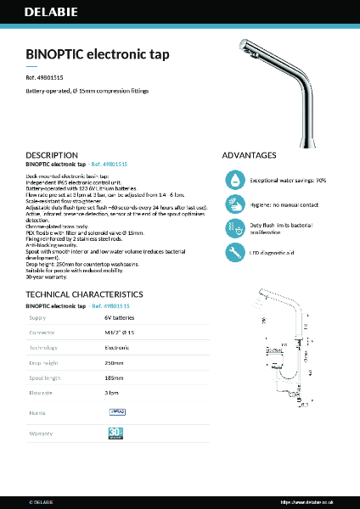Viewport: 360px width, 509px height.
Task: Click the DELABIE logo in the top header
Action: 52,15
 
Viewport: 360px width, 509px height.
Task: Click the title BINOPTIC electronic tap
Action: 98,54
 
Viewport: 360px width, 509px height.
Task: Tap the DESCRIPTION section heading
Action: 52,155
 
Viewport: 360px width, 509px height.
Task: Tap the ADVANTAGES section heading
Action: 249,155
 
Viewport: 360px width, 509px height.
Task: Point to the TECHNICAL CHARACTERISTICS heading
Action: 84,294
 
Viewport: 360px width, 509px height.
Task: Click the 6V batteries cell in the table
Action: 120,317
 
